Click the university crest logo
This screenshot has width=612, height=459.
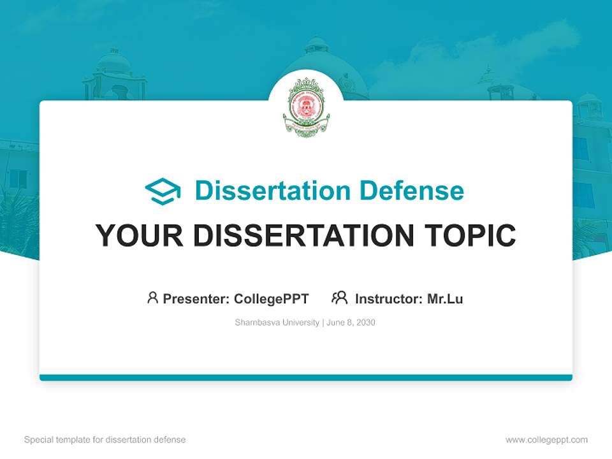coord(306,106)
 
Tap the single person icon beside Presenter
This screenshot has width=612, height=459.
coord(152,298)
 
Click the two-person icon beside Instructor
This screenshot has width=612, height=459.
coord(339,298)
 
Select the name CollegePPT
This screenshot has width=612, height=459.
coord(272,298)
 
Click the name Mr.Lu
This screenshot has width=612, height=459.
coord(445,298)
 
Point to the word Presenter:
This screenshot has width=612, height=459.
coord(196,298)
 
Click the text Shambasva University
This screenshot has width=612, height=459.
coord(277,323)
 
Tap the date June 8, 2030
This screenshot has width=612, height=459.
coord(351,323)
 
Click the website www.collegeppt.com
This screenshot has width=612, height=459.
coord(546,440)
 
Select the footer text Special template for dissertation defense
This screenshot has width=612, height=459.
coord(105,440)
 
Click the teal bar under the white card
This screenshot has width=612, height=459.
coord(306,377)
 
